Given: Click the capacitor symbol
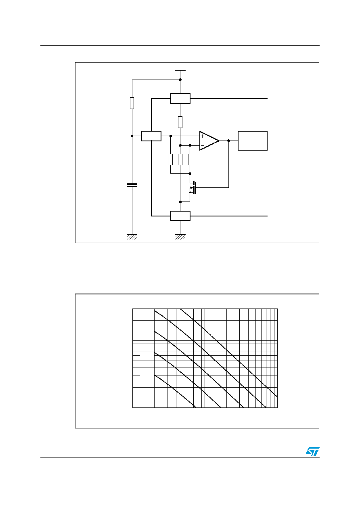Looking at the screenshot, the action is [132, 185].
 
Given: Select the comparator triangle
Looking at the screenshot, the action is [209, 141].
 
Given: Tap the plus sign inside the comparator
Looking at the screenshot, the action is [202, 136].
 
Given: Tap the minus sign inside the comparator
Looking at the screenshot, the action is [202, 145].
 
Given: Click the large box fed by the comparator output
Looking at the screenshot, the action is [253, 141].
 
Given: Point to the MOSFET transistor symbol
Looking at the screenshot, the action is [193, 188].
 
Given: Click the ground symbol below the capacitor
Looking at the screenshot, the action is [132, 237].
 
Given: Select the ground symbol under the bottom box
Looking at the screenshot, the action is [180, 237].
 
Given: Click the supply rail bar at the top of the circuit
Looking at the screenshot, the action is [180, 70].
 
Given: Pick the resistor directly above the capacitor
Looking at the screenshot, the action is [132, 103].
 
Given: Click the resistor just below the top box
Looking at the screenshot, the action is [180, 122].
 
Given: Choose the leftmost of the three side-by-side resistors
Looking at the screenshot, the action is [171, 160].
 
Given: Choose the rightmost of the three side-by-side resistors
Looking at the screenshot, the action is [190, 160].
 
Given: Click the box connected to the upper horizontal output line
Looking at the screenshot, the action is [180, 99].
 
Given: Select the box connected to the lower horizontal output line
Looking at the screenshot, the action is [180, 216].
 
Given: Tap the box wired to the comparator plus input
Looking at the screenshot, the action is [151, 136].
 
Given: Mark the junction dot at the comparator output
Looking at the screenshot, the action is [229, 141].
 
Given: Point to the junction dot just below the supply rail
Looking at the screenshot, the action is [180, 80].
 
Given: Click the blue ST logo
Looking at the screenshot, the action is [313, 451].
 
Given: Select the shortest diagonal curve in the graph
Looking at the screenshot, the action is [175, 391].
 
